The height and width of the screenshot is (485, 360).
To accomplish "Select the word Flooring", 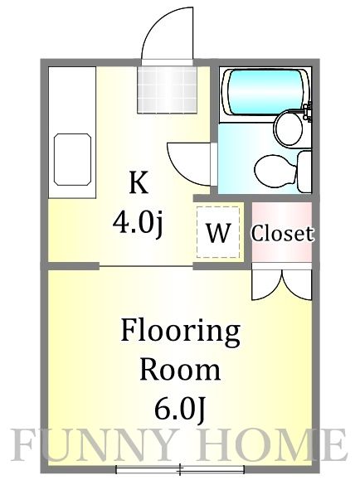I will pos(180,333).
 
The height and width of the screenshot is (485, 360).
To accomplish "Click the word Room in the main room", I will pos(180,369).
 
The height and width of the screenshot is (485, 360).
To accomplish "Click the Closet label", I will pos(282,234).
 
